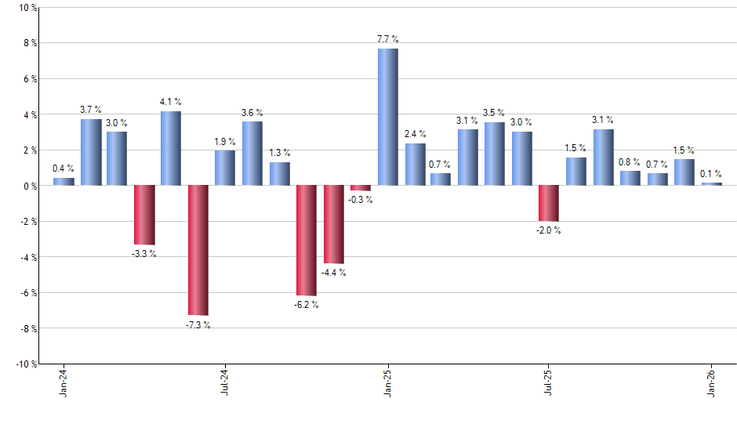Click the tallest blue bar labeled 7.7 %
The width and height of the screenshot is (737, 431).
388,117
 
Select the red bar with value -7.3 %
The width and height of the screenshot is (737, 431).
198,250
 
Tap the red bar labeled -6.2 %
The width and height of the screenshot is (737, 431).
306,240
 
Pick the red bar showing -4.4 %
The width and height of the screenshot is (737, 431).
334,224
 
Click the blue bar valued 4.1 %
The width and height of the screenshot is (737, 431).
171,148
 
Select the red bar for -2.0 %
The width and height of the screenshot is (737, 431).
549,203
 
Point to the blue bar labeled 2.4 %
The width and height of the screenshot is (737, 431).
416,165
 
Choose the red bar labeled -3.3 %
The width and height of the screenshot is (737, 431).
144,215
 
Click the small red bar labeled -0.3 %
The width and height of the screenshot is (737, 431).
361,188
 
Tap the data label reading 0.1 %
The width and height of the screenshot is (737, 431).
712,174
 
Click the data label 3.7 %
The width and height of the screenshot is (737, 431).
91,110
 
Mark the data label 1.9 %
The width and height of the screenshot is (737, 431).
225,141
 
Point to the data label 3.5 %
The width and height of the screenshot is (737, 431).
494,113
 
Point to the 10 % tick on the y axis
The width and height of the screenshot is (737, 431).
27,8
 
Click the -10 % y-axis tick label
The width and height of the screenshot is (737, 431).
25,364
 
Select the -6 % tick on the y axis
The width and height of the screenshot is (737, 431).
27,292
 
